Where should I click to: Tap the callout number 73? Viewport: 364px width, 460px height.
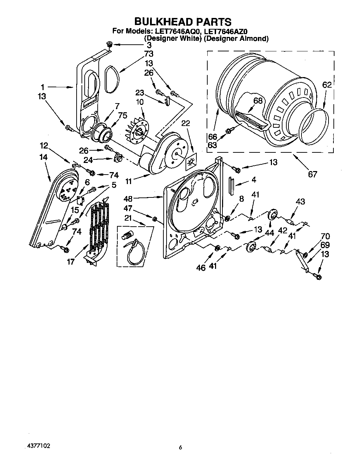coord(149,53)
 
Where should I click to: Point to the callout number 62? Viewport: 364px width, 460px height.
coord(327,85)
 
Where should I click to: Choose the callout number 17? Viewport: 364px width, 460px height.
coord(71,261)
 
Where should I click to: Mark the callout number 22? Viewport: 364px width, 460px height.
coord(186,123)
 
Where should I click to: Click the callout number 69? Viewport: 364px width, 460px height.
coord(325,245)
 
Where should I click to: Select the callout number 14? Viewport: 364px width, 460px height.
coord(44,157)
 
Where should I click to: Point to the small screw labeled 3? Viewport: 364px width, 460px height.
coord(109,44)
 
